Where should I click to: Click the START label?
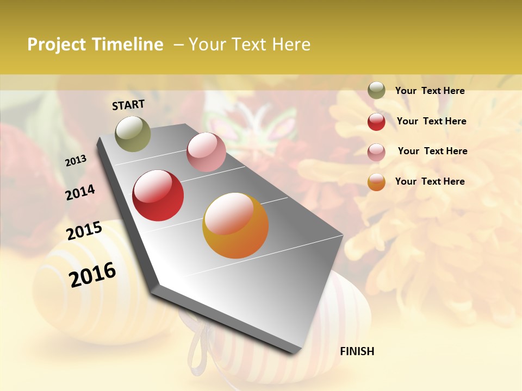[128, 105]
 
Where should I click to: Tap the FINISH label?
[357, 351]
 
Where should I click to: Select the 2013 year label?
[76, 161]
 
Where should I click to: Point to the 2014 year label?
[80, 192]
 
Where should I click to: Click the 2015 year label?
[84, 231]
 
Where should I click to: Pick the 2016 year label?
[92, 274]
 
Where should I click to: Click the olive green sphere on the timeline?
[133, 134]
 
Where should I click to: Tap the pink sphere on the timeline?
[206, 152]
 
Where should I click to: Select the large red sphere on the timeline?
[158, 195]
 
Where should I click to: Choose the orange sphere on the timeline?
[235, 225]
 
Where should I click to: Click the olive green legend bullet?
[376, 91]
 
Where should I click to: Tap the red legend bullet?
[376, 122]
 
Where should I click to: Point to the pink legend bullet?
[376, 152]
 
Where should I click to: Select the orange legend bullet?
[376, 182]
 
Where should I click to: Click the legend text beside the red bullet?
[431, 121]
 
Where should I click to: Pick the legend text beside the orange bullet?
[430, 181]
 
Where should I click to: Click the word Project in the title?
[56, 45]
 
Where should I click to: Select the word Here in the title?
[290, 45]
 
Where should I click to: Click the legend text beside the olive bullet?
[430, 91]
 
